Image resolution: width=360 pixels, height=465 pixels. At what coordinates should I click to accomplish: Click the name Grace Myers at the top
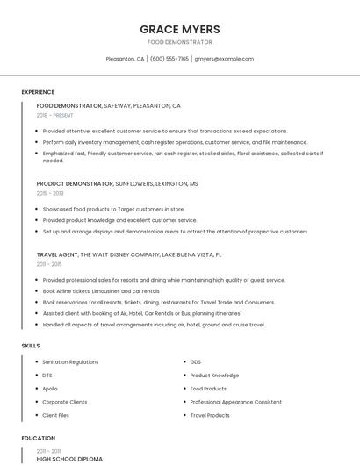(179, 29)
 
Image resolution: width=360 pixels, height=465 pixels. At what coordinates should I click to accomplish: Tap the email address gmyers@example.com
(224, 59)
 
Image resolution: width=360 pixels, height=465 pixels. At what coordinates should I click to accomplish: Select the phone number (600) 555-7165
(169, 59)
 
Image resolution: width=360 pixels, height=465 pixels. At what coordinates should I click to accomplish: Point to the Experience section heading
(38, 92)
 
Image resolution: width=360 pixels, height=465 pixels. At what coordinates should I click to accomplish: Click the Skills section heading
(31, 346)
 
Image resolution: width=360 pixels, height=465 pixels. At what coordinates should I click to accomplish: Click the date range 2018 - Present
(55, 115)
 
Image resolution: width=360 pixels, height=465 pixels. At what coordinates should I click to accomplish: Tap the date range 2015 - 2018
(50, 193)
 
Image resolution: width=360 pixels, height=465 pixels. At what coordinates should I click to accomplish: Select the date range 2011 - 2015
(49, 263)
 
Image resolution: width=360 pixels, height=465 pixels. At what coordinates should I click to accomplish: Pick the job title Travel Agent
(57, 254)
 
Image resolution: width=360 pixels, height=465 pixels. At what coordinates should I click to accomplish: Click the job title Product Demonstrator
(75, 184)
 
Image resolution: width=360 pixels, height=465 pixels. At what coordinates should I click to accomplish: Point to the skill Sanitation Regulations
(70, 361)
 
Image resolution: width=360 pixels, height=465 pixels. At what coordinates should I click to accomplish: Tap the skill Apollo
(50, 388)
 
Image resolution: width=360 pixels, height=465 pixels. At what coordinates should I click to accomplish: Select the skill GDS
(196, 361)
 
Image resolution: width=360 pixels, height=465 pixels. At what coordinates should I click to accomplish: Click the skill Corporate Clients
(65, 402)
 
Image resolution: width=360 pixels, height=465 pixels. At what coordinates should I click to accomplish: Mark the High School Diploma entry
(69, 459)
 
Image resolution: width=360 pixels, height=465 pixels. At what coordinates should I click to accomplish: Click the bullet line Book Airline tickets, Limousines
(101, 290)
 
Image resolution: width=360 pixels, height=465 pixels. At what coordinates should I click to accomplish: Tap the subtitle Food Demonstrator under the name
(179, 42)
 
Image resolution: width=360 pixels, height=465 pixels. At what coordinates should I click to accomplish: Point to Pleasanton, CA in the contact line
(125, 59)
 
